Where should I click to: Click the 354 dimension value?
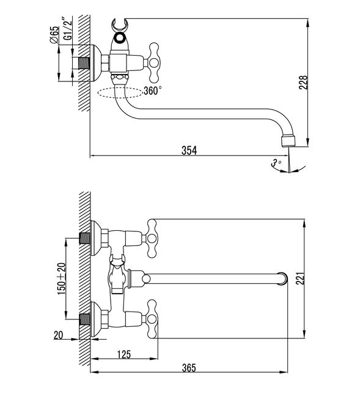(189, 151)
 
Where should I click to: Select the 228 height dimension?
(303, 82)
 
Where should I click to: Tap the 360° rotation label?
(153, 91)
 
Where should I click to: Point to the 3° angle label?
(276, 162)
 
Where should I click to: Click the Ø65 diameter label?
(54, 35)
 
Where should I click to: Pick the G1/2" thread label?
(68, 28)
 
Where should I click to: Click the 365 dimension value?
(189, 368)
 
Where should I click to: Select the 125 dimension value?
(124, 354)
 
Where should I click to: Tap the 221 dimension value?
(300, 278)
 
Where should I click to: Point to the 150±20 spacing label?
(62, 278)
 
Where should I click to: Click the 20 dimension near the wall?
(58, 335)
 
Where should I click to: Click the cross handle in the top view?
(153, 62)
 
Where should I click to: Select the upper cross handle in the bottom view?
(152, 238)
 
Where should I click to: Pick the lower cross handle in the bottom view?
(152, 319)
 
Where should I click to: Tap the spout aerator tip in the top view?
(288, 141)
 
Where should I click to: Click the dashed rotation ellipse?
(120, 93)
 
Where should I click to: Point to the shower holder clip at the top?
(119, 24)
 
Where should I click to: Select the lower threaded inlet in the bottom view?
(85, 319)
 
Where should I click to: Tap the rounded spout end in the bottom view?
(282, 278)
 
